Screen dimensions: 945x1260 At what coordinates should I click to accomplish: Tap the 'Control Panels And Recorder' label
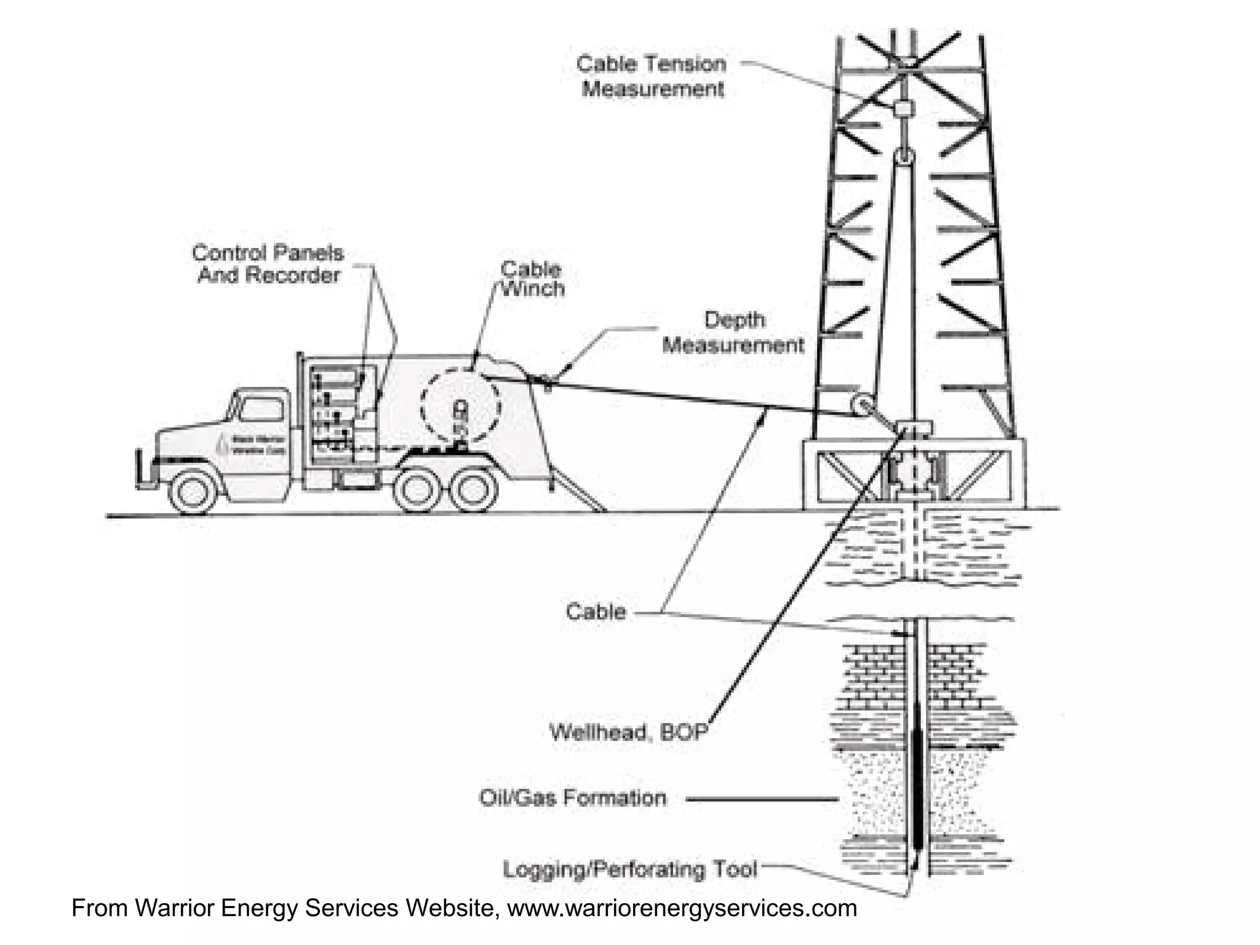[x=268, y=264]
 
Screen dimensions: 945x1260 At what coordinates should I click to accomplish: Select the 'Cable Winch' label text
[x=532, y=279]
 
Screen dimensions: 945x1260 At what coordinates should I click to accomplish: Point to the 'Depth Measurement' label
[x=733, y=332]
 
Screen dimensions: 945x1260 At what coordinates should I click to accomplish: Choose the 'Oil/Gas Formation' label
[x=572, y=798]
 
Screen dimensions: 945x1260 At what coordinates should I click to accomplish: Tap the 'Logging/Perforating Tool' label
[x=630, y=869]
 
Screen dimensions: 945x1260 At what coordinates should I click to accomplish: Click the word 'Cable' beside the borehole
[x=596, y=612]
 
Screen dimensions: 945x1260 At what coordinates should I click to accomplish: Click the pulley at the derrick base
[x=860, y=406]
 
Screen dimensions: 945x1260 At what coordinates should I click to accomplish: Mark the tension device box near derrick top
[x=903, y=109]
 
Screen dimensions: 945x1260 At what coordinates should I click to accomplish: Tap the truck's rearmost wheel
[x=472, y=492]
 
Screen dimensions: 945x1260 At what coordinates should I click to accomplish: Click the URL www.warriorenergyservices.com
[x=682, y=908]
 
